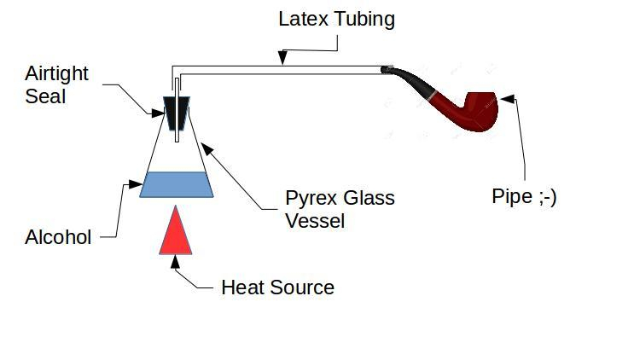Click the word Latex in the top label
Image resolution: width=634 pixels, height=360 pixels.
pyautogui.click(x=305, y=19)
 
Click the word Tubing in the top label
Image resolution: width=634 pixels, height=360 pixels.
pyautogui.click(x=364, y=20)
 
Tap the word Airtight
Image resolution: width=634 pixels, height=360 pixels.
pyautogui.click(x=56, y=74)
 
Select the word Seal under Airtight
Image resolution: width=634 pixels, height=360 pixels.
pyautogui.click(x=44, y=96)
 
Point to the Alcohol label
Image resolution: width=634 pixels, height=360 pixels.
pyautogui.click(x=58, y=238)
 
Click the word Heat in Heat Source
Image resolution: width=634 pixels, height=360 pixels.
pyautogui.click(x=243, y=287)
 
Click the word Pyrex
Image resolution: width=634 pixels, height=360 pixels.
pyautogui.click(x=311, y=199)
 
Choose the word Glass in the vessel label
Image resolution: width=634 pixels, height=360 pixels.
pyautogui.click(x=369, y=199)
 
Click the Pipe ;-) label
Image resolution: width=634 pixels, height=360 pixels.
pyautogui.click(x=524, y=196)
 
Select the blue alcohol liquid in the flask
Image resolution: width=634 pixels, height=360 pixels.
pyautogui.click(x=176, y=184)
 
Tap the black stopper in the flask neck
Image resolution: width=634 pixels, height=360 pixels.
pyautogui.click(x=177, y=110)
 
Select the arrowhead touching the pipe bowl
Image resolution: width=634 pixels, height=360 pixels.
pyautogui.click(x=506, y=99)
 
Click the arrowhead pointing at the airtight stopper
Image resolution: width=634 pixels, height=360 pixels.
pyautogui.click(x=160, y=112)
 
